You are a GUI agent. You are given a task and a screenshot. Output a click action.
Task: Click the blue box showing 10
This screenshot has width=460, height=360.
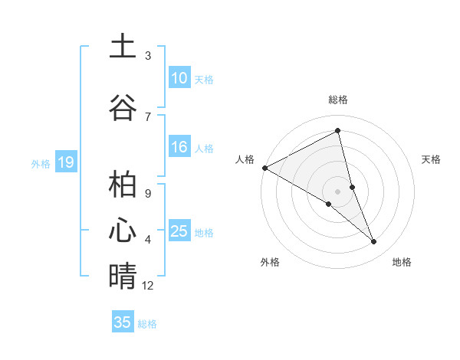click(x=179, y=78)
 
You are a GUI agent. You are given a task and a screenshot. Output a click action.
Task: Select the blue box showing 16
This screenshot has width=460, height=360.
click(x=179, y=147)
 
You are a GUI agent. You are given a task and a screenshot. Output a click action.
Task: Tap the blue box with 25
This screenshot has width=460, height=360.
click(x=179, y=231)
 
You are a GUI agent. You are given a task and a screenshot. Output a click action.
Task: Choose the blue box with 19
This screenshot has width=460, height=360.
click(x=65, y=162)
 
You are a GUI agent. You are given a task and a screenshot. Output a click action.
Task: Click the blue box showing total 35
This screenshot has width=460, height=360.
click(x=123, y=322)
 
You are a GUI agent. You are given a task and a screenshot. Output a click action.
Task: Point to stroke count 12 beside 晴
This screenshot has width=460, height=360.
click(x=148, y=286)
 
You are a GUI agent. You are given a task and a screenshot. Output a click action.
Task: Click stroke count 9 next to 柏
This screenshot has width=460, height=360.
click(x=147, y=192)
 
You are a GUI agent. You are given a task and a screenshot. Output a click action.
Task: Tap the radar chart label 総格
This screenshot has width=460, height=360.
click(x=338, y=100)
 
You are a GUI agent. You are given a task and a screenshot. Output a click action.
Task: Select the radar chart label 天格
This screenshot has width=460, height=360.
click(x=432, y=159)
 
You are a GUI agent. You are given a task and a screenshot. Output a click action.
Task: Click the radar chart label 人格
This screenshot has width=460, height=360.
click(x=245, y=159)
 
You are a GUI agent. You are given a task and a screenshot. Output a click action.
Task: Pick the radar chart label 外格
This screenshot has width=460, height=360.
click(x=270, y=262)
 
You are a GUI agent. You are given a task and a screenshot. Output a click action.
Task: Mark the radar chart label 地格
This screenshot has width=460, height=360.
click(x=402, y=262)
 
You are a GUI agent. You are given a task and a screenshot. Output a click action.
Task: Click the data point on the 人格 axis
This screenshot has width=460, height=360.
click(x=264, y=168)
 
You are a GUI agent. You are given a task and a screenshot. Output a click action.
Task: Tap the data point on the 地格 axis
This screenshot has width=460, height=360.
click(x=374, y=242)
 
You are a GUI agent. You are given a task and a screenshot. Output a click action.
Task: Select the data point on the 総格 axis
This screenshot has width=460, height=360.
click(x=338, y=131)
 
